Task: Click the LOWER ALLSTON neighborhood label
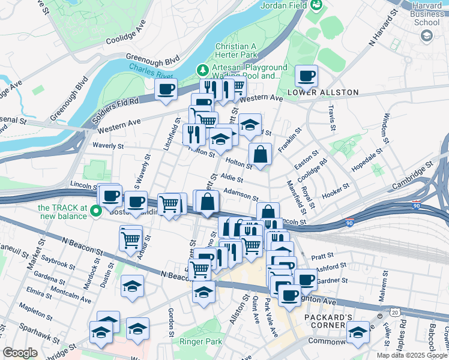pyautogui.click(x=323, y=92)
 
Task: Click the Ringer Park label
pyautogui.click(x=200, y=342)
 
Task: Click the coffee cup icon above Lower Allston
pyautogui.click(x=307, y=76)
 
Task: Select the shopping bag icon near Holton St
pyautogui.click(x=261, y=155)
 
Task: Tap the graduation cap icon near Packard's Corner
pyautogui.click(x=358, y=331)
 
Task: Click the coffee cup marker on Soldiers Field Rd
pyautogui.click(x=165, y=90)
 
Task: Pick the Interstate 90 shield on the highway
pyautogui.click(x=350, y=223)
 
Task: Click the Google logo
pyautogui.click(x=20, y=353)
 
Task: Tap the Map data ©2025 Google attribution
pyautogui.click(x=412, y=355)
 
